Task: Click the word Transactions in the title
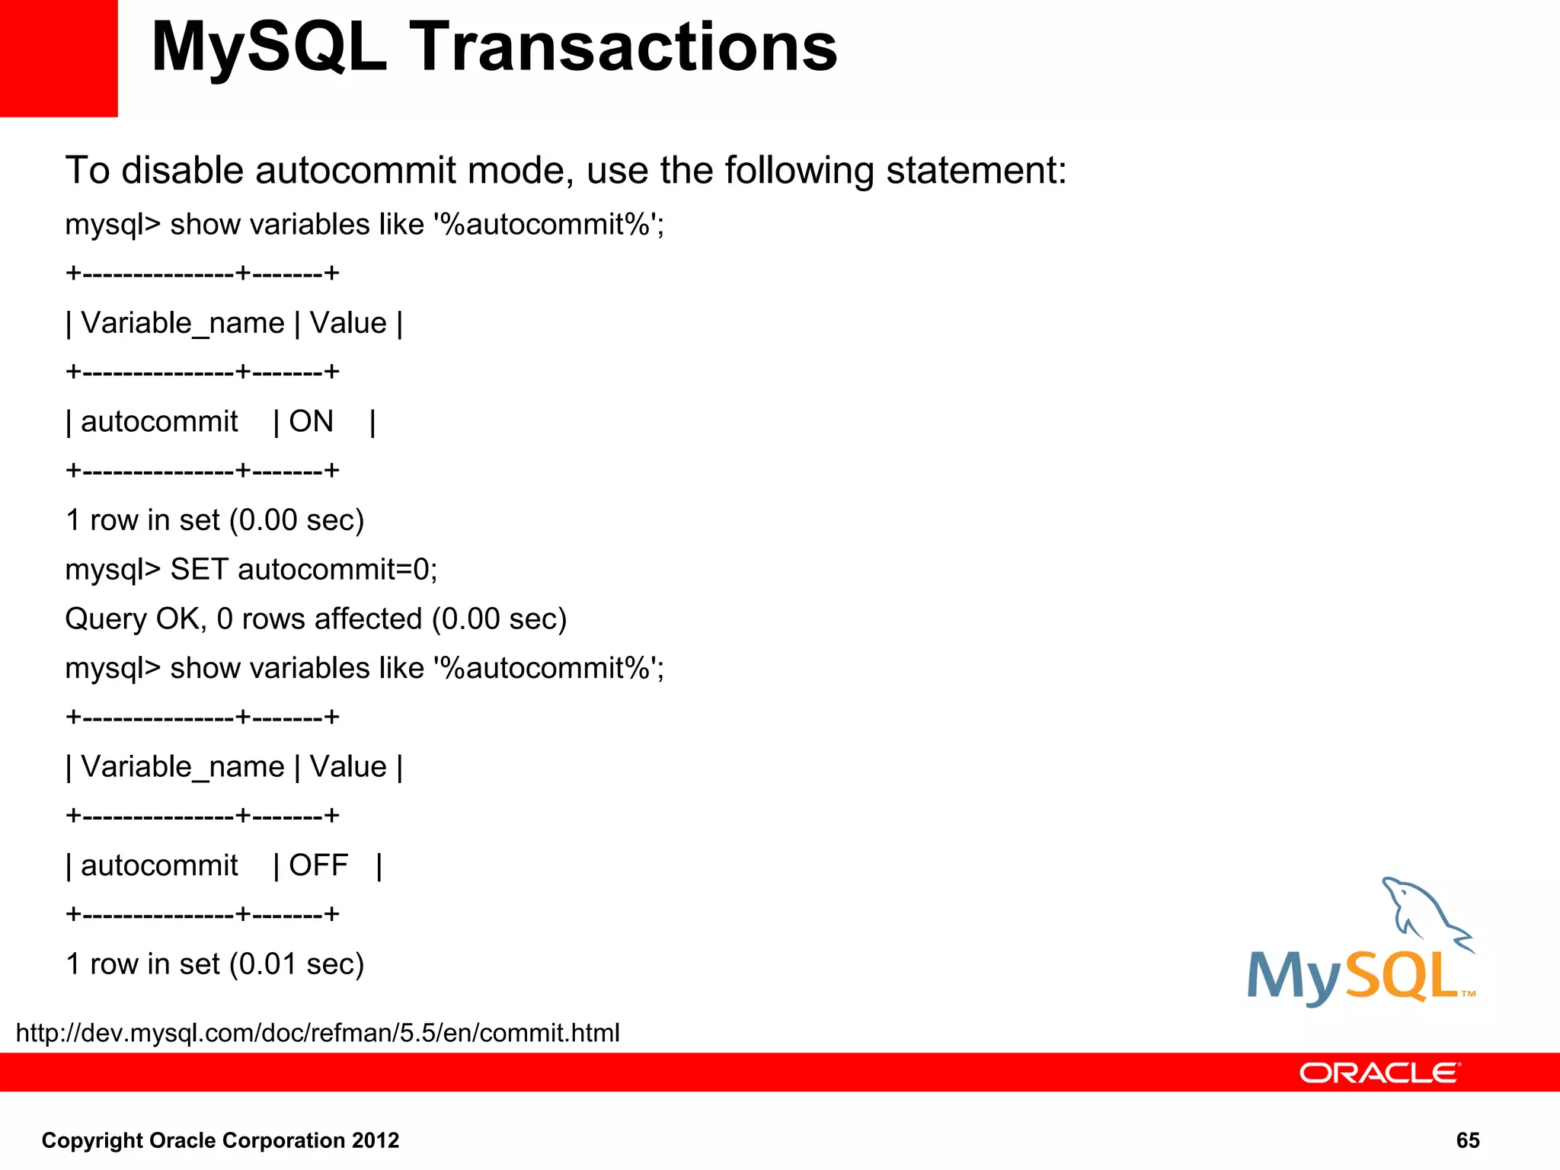pos(624,47)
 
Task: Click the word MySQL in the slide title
pos(269,47)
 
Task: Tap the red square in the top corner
pos(59,58)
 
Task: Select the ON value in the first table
pos(311,421)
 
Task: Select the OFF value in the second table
pos(318,865)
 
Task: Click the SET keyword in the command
pos(199,570)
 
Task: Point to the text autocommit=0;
pos(337,570)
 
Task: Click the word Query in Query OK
pos(106,619)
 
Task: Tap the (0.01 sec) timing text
pos(301,964)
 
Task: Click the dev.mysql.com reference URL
pos(318,1033)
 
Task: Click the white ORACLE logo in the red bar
pos(1379,1072)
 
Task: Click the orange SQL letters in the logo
pos(1402,977)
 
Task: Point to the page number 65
pos(1467,1140)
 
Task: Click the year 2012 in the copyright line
pos(376,1140)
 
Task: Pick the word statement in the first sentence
pos(976,170)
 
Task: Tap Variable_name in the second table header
pos(182,767)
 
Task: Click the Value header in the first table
pos(348,323)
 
